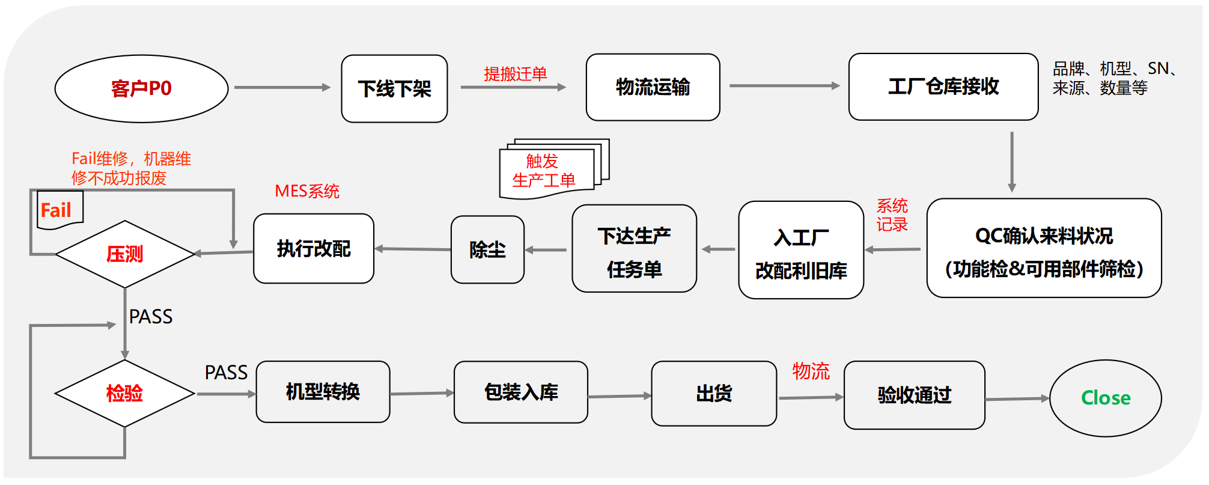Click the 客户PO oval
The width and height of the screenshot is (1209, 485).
pos(141,89)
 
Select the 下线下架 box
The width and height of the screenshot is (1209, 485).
pos(394,89)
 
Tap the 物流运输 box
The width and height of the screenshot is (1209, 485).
pos(653,87)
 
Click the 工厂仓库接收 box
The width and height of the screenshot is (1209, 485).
pos(943,87)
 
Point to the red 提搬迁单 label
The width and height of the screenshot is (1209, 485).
pos(515,74)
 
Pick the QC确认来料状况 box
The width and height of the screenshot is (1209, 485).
pos(1044,248)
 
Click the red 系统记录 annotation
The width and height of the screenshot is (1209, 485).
pos(892,215)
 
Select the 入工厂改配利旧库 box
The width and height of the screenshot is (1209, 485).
pos(800,250)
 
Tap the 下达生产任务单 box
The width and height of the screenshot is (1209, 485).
pos(634,249)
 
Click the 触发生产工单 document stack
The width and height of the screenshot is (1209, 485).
pos(548,169)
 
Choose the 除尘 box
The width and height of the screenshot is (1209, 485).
pos(487,249)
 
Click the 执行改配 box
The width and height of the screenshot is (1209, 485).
pos(313,249)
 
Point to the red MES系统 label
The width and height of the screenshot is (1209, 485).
pos(307,191)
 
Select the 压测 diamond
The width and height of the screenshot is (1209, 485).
pos(124,254)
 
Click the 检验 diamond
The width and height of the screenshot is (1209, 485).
pos(124,394)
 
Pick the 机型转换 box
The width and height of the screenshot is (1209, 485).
pos(323,392)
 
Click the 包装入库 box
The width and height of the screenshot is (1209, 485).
pos(520,392)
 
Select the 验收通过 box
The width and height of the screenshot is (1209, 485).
pos(914,395)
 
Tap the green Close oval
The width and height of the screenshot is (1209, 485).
pos(1105,398)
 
